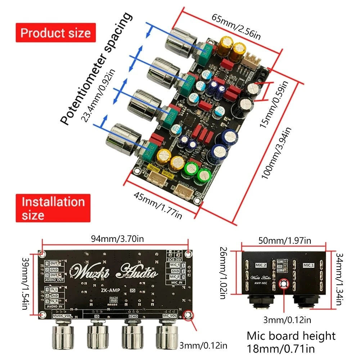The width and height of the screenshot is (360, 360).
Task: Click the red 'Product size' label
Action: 55,33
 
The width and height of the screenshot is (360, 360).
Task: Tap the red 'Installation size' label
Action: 53,208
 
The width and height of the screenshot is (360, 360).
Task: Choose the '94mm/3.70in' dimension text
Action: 114,238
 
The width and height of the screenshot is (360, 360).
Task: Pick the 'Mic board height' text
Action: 291,336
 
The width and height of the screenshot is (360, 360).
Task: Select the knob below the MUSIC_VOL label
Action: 63,337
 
